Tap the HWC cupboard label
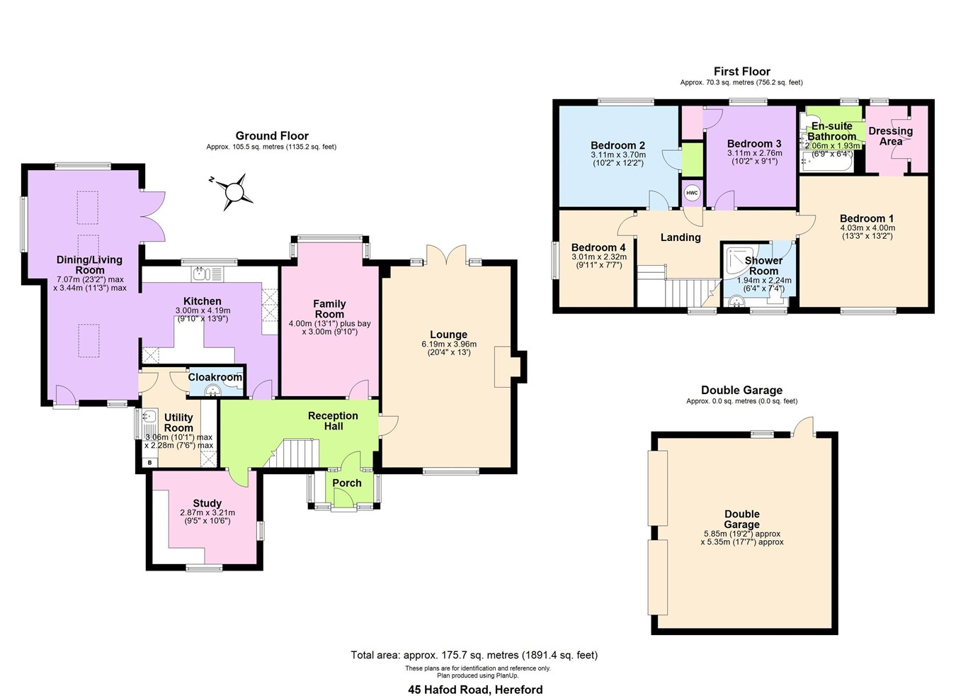[x=691, y=193]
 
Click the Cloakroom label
[x=215, y=377]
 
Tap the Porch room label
[x=347, y=483]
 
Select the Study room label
[x=207, y=503]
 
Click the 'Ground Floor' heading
[x=272, y=135]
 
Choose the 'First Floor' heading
[x=741, y=71]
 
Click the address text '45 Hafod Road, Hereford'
[x=475, y=689]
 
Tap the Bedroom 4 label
[x=598, y=247]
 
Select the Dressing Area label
[x=890, y=136]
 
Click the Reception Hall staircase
[x=292, y=454]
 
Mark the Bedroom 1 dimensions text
[x=867, y=232]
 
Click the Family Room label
[x=329, y=308]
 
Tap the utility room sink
[x=149, y=417]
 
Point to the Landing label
[x=681, y=237]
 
